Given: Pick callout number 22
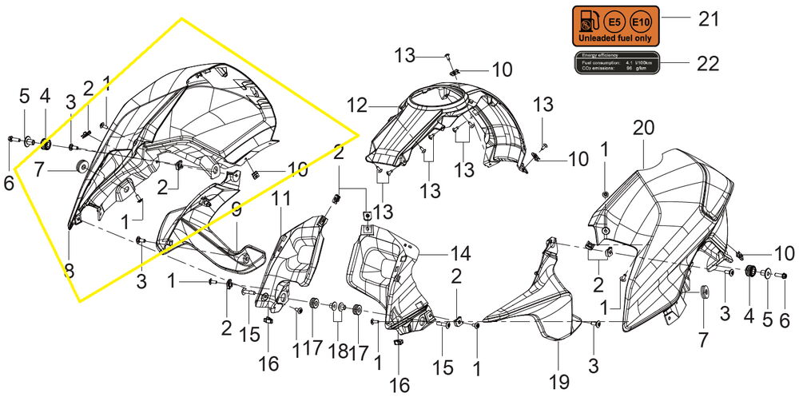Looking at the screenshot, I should point(708,63).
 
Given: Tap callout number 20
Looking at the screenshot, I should point(643,128).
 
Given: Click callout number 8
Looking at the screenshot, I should point(69,270).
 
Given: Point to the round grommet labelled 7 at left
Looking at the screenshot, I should point(81,166).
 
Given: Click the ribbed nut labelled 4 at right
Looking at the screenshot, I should point(750,273).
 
